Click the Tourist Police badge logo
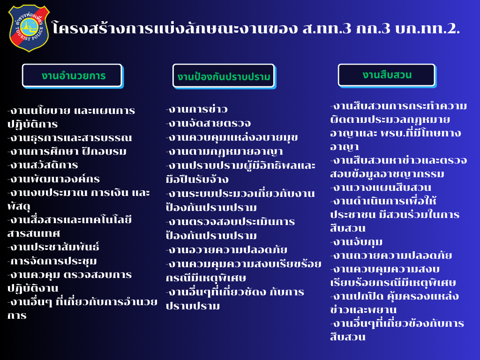29,28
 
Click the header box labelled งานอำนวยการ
73,76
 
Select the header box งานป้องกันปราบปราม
224,76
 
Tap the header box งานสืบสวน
387,75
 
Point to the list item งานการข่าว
197,109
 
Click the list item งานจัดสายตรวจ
209,123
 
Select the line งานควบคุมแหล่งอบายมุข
232,137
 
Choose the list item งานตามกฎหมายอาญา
225,151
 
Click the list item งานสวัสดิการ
43,165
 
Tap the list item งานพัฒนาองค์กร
53,179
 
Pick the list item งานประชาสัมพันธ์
53,247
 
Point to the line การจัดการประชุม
52,261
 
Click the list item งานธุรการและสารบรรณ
70,138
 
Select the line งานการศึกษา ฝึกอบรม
67,151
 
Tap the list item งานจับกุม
356,242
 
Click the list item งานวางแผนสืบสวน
381,187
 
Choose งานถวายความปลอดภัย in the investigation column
391,255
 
